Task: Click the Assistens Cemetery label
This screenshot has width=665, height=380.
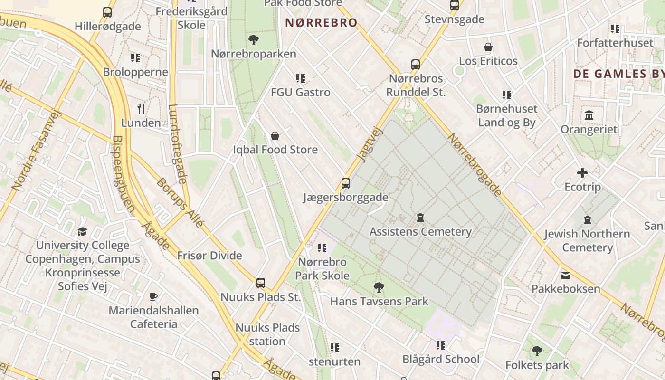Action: click(x=420, y=232)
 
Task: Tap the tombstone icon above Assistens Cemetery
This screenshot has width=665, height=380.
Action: click(x=420, y=218)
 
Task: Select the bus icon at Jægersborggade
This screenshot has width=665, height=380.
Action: click(x=346, y=183)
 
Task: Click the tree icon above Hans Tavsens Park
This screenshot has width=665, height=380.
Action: click(x=379, y=287)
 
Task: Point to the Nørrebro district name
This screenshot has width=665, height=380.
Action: click(x=321, y=22)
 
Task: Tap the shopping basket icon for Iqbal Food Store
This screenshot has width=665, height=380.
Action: click(x=275, y=136)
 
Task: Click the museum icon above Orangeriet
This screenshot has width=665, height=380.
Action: click(x=589, y=115)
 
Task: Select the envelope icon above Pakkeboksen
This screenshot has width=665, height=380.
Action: click(x=566, y=275)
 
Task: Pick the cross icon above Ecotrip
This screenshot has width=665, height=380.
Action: click(x=582, y=173)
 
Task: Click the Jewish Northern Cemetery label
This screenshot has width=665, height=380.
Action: click(x=587, y=240)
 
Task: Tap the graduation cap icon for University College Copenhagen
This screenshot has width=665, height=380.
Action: click(x=83, y=232)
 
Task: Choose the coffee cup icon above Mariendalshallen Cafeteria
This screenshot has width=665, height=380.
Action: click(x=153, y=297)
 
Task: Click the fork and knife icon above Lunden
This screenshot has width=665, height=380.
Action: click(x=141, y=109)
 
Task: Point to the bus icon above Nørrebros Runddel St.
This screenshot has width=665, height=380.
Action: click(x=416, y=65)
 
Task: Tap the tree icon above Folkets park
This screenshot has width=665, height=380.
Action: click(x=537, y=351)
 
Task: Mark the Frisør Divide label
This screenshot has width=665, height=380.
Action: click(x=209, y=256)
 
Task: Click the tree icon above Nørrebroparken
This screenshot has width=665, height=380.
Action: click(x=254, y=40)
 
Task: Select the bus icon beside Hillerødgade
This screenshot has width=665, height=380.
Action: click(x=107, y=12)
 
